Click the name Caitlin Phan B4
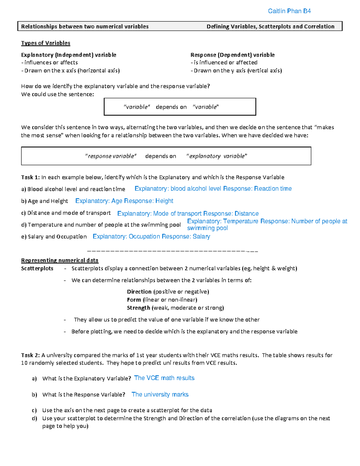(x=289, y=11)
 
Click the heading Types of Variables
(x=46, y=43)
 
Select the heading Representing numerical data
(x=60, y=260)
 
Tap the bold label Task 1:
(x=30, y=177)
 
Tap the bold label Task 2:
(x=30, y=355)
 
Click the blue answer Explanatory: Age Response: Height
(x=124, y=201)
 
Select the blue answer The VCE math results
(x=164, y=378)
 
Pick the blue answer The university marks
(x=160, y=395)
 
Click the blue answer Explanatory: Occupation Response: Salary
(x=151, y=236)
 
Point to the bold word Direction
(x=139, y=292)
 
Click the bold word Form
(x=134, y=300)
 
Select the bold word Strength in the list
(x=138, y=308)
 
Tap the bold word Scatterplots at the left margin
(x=37, y=269)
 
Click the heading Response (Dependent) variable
(x=232, y=55)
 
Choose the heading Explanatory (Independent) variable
(x=69, y=55)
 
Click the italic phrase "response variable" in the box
(x=111, y=156)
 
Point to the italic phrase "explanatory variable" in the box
(x=217, y=156)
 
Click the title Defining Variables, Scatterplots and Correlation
(x=270, y=27)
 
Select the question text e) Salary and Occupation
(x=54, y=237)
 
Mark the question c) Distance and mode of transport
(x=66, y=213)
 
